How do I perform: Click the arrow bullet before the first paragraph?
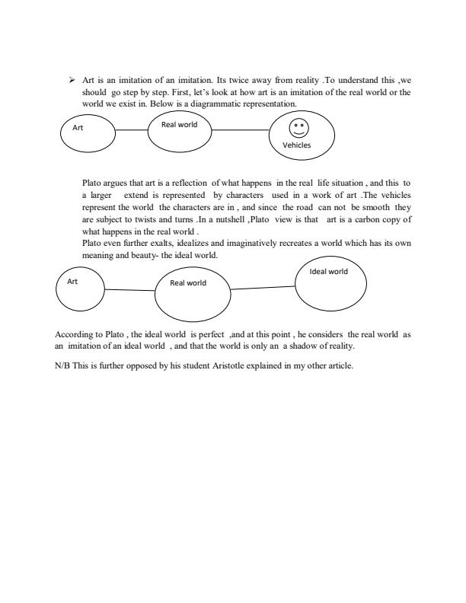[73, 79]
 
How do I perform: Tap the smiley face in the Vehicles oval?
[299, 128]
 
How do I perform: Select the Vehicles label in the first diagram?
[297, 145]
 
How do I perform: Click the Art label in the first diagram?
[78, 128]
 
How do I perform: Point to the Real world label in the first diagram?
[179, 123]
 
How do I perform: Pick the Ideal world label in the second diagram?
[327, 271]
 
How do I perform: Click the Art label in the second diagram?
[73, 281]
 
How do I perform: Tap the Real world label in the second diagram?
[188, 283]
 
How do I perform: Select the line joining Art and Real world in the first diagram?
[136, 131]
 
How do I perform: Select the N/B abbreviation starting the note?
[64, 365]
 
